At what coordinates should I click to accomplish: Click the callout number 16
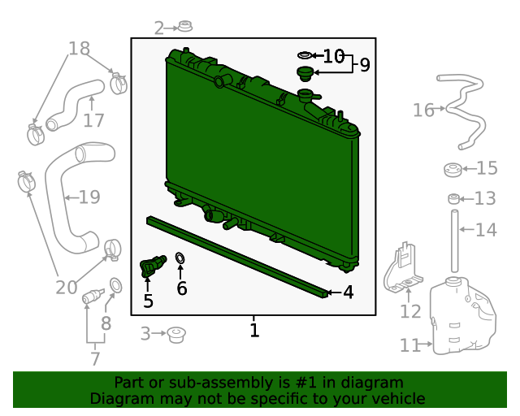(423, 110)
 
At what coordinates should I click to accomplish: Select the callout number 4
(349, 292)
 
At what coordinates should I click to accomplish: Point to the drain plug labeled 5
(152, 266)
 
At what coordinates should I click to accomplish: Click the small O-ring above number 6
(180, 258)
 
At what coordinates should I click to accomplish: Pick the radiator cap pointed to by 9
(305, 74)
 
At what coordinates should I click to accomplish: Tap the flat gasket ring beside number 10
(304, 55)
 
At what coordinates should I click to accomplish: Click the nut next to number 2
(185, 26)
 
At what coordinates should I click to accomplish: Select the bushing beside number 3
(176, 335)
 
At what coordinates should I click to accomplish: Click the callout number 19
(89, 197)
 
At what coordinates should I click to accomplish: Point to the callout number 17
(93, 120)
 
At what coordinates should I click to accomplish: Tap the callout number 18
(79, 49)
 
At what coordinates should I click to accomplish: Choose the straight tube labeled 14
(455, 240)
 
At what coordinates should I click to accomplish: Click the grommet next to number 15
(453, 170)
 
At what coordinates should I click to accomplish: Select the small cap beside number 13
(453, 198)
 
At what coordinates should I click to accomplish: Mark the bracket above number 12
(403, 269)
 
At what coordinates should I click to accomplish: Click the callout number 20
(67, 288)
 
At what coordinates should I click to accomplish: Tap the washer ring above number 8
(115, 286)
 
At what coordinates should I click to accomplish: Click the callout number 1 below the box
(254, 331)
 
